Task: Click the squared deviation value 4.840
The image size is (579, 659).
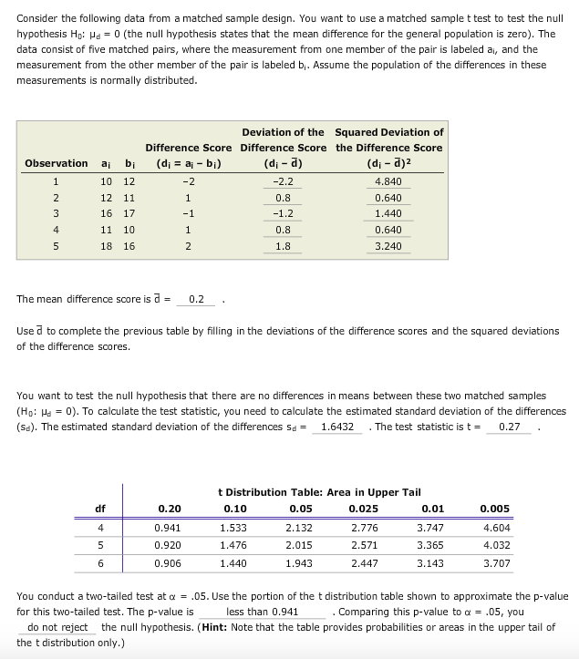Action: point(388,181)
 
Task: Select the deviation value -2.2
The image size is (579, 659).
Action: point(283,181)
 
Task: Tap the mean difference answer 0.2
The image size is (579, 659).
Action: point(196,299)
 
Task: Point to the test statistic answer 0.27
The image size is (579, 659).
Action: point(510,427)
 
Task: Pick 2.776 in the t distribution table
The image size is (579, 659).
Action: point(365,527)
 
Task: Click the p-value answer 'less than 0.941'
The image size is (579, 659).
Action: point(262,613)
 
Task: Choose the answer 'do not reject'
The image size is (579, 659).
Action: point(57,627)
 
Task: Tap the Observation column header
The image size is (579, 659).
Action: point(57,163)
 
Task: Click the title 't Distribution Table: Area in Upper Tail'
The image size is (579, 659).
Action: point(319,492)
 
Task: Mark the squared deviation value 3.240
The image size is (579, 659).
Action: point(388,246)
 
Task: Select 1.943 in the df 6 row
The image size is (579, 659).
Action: point(299,563)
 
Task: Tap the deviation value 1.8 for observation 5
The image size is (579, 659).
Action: point(283,246)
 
